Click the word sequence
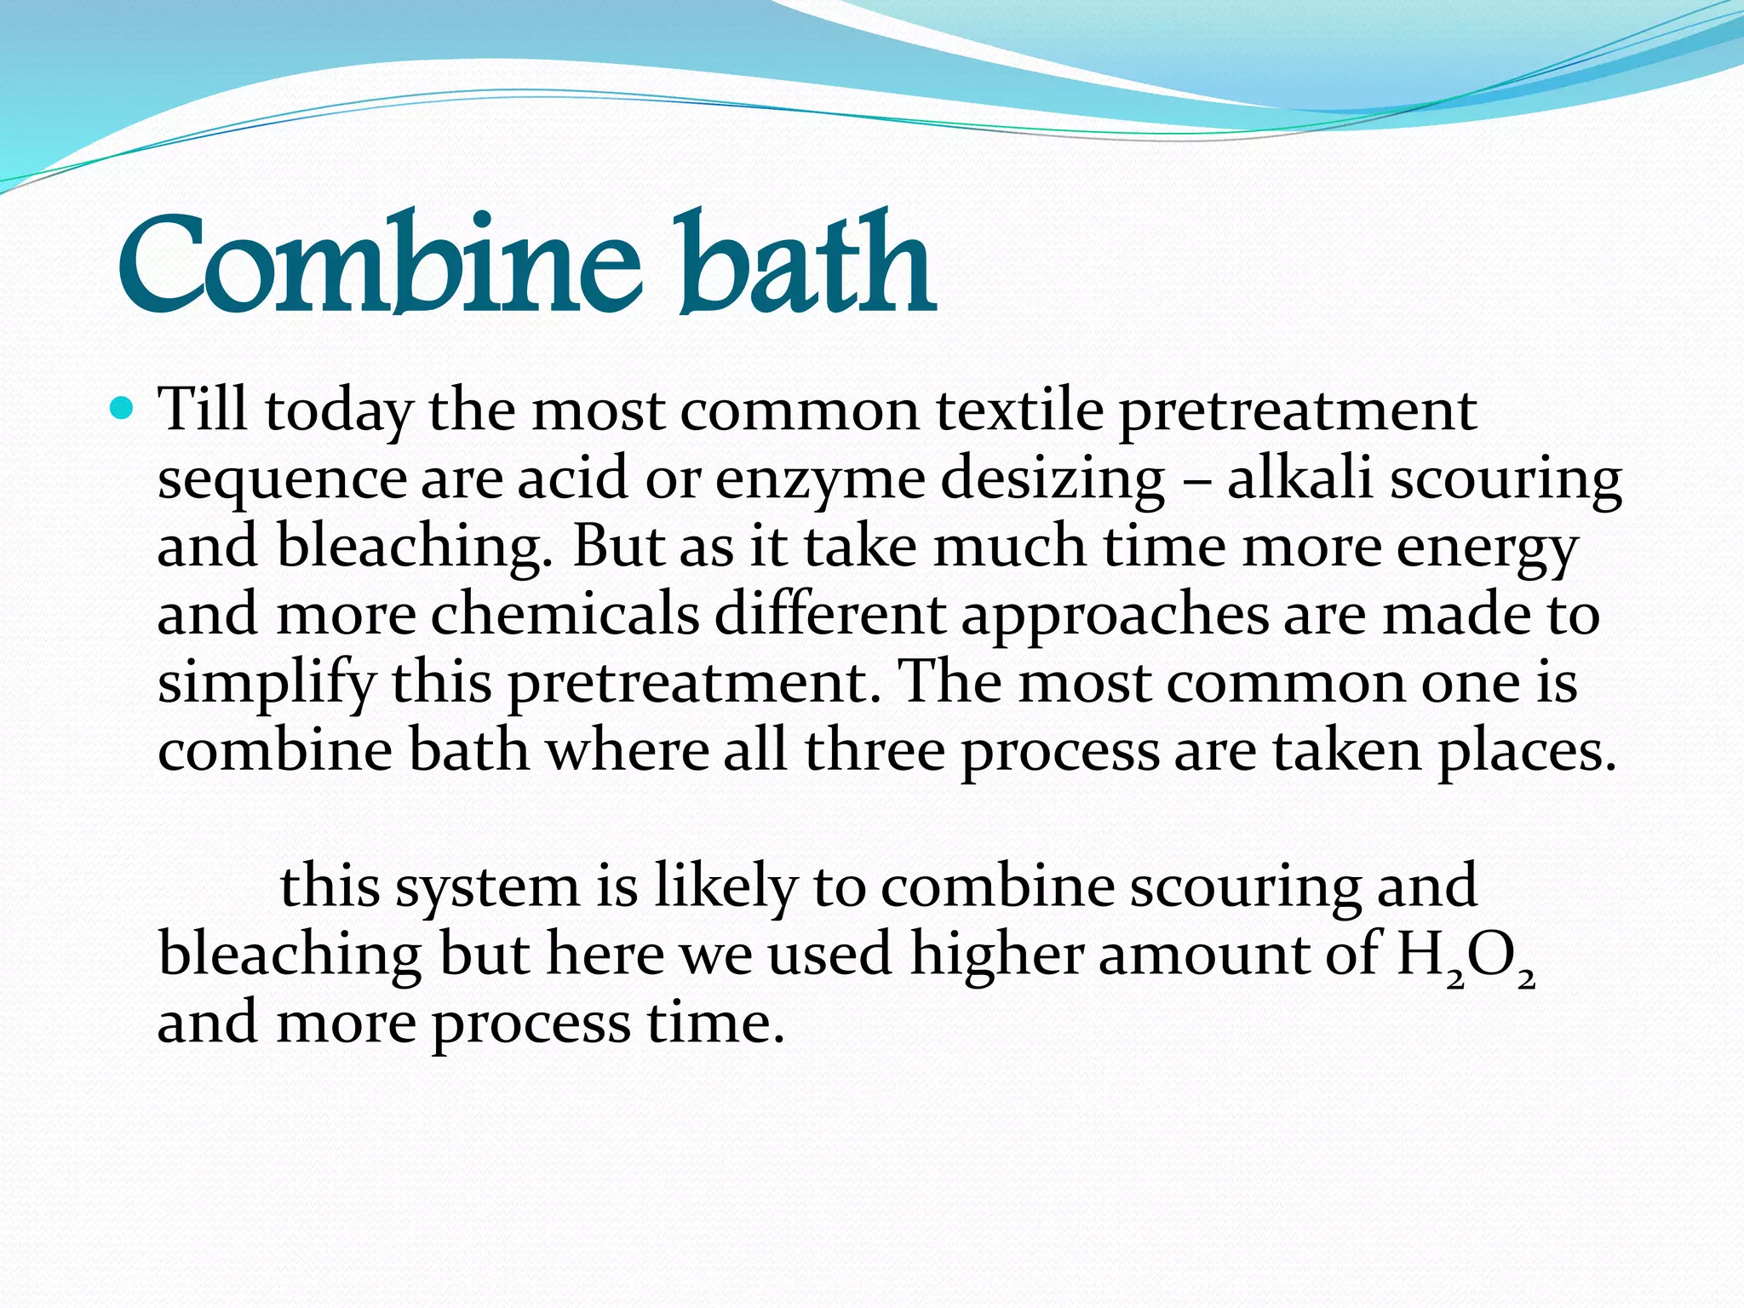point(282,479)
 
